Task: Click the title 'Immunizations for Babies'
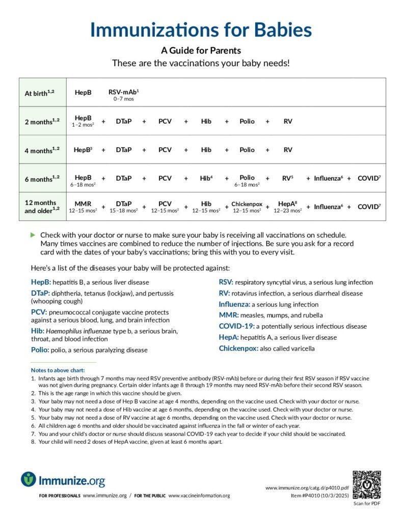click(201, 30)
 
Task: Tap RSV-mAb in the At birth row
click(123, 93)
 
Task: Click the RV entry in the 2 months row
click(288, 122)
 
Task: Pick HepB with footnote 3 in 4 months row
click(83, 150)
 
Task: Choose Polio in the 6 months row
click(247, 178)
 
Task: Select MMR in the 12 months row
click(83, 204)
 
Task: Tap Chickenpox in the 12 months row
click(247, 204)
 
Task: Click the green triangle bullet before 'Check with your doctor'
click(33, 235)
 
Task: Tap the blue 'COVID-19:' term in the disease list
click(236, 326)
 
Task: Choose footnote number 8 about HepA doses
click(33, 442)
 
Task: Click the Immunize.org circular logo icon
click(29, 479)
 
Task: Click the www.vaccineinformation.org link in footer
click(199, 496)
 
